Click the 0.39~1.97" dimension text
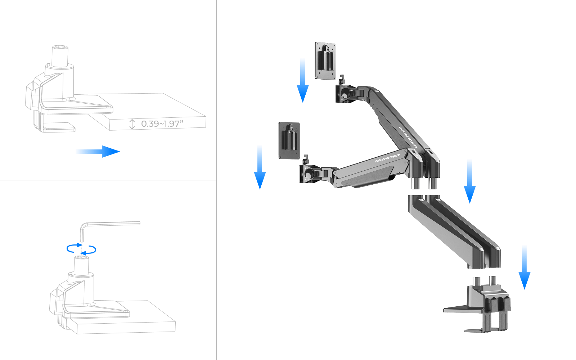(162, 124)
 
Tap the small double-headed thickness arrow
(132, 124)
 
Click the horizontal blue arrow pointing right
(98, 152)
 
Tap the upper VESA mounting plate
(325, 61)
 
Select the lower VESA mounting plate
(289, 141)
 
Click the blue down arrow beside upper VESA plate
(303, 81)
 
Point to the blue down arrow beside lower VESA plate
(260, 167)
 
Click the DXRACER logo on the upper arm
(408, 137)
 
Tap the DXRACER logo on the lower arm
(387, 158)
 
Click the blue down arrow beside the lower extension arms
(469, 181)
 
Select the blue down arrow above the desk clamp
(524, 267)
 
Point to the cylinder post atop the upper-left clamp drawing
(60, 56)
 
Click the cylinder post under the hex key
(81, 266)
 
